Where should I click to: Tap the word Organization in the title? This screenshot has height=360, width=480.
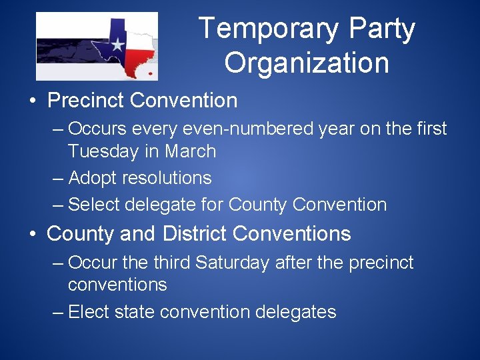point(307,63)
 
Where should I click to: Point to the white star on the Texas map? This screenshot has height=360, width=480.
point(117,45)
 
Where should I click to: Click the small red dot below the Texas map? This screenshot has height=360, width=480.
point(151,73)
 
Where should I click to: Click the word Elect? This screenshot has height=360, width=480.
point(91,311)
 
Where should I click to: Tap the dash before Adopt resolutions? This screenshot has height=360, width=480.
point(57,178)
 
